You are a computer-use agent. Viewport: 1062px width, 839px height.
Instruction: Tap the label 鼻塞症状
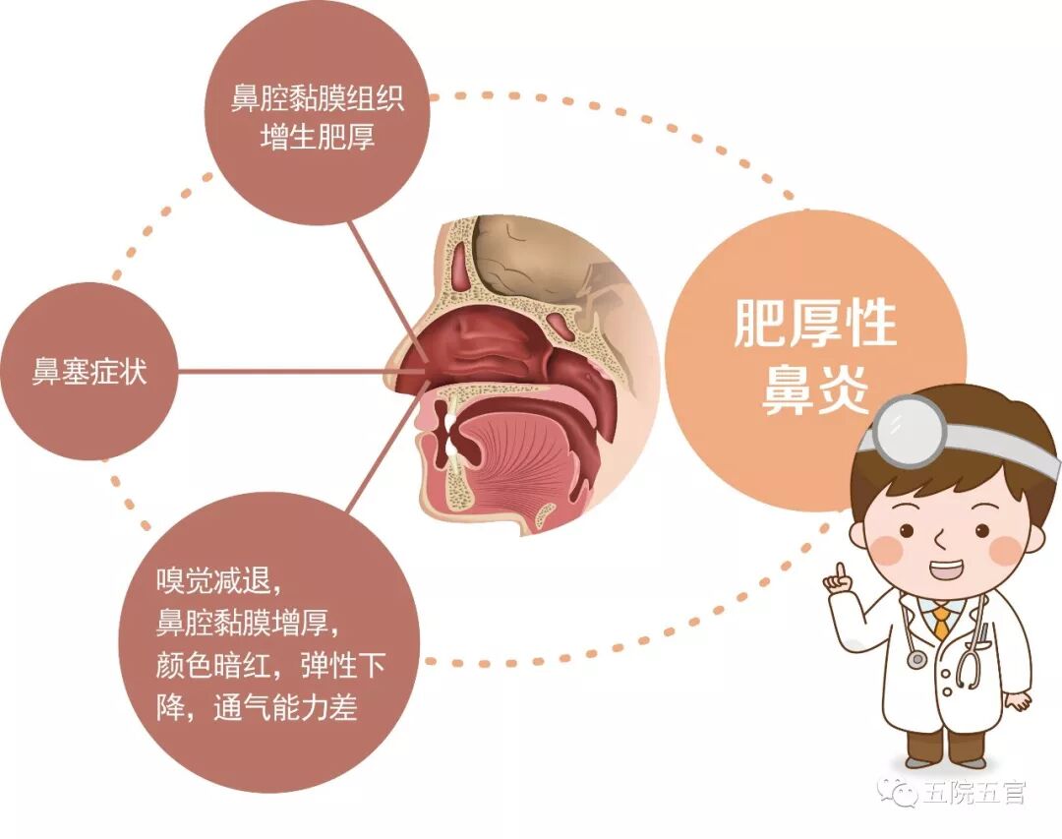[x=89, y=374]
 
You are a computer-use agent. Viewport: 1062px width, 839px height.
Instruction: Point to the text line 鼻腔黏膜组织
[x=317, y=99]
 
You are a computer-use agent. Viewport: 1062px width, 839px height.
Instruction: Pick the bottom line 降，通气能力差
[x=257, y=707]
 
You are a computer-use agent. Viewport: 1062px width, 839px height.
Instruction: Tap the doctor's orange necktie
[x=942, y=622]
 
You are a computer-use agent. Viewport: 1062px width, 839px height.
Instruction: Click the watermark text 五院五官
[x=974, y=792]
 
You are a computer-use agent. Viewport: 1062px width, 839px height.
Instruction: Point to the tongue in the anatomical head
[x=521, y=443]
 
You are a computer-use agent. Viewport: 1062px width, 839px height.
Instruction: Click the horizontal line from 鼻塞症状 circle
[x=295, y=373]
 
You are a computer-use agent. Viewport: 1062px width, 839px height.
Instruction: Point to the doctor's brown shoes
[x=943, y=760]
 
